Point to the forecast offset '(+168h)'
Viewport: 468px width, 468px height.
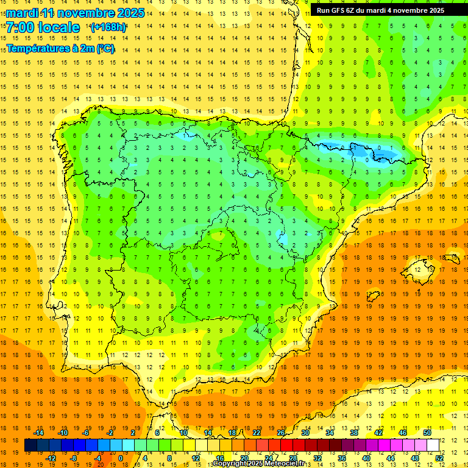108,27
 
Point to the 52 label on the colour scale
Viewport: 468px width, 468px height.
439,458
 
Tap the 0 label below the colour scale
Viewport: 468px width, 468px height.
120,458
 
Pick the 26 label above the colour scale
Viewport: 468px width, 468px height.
281,433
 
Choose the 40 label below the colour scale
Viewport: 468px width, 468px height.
366,458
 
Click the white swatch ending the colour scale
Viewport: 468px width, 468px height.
433,445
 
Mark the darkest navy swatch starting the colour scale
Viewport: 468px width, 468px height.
30,445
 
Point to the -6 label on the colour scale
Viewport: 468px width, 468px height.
87,433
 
